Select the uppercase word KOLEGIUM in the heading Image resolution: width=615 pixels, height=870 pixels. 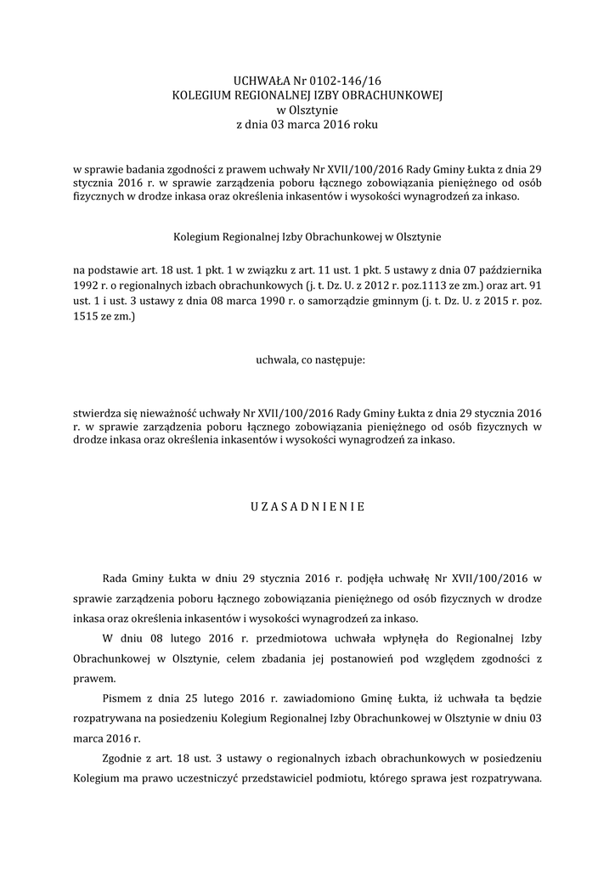pos(202,95)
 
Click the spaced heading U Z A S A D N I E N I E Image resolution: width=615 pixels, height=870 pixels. pos(307,507)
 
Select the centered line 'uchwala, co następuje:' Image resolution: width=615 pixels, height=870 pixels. pos(307,360)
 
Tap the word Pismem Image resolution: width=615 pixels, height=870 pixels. pos(121,699)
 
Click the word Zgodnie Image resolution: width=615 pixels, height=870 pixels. pos(122,760)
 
